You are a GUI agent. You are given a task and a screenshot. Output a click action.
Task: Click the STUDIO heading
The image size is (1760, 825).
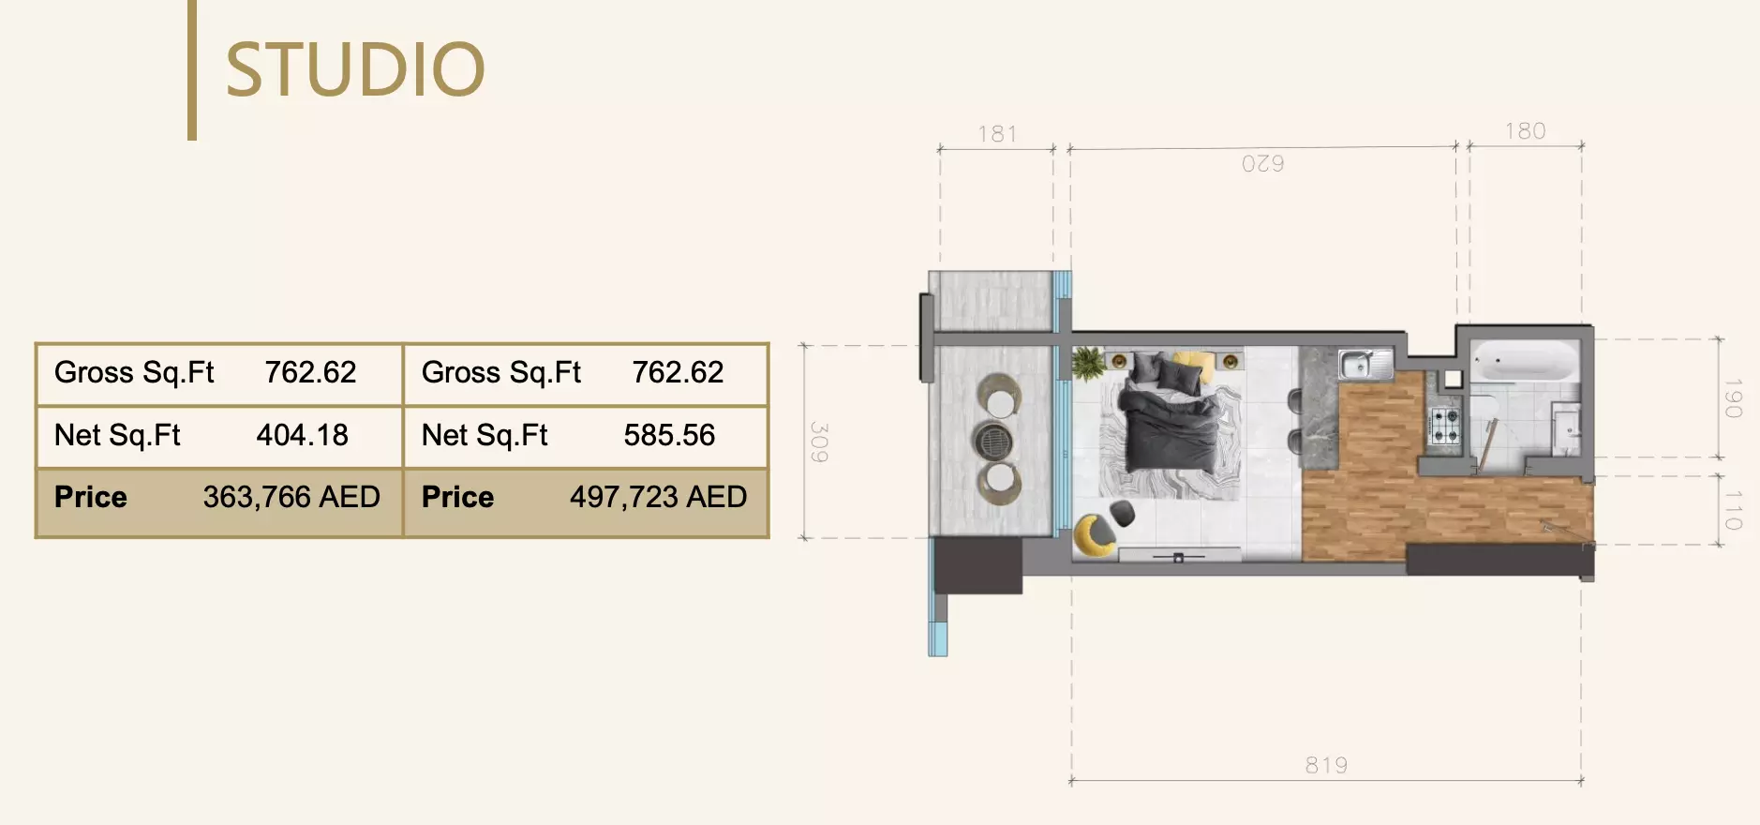click(x=355, y=69)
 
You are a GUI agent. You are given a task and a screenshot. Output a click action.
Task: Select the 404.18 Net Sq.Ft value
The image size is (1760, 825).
click(x=302, y=435)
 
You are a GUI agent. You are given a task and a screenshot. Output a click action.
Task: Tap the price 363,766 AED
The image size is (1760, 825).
click(x=291, y=497)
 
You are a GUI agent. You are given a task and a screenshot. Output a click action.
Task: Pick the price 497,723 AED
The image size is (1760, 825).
click(x=658, y=497)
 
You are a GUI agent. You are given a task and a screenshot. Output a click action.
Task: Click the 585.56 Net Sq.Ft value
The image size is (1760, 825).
click(x=669, y=435)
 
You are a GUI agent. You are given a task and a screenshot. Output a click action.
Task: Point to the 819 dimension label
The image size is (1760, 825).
click(x=1326, y=765)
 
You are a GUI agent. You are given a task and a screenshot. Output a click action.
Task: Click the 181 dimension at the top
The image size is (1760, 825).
click(x=997, y=134)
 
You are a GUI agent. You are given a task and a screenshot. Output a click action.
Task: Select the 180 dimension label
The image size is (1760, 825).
click(x=1525, y=131)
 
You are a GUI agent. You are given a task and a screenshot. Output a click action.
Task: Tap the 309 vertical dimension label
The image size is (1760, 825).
click(x=818, y=442)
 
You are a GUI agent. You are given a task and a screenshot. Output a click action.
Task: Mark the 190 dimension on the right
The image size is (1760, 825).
click(x=1733, y=398)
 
